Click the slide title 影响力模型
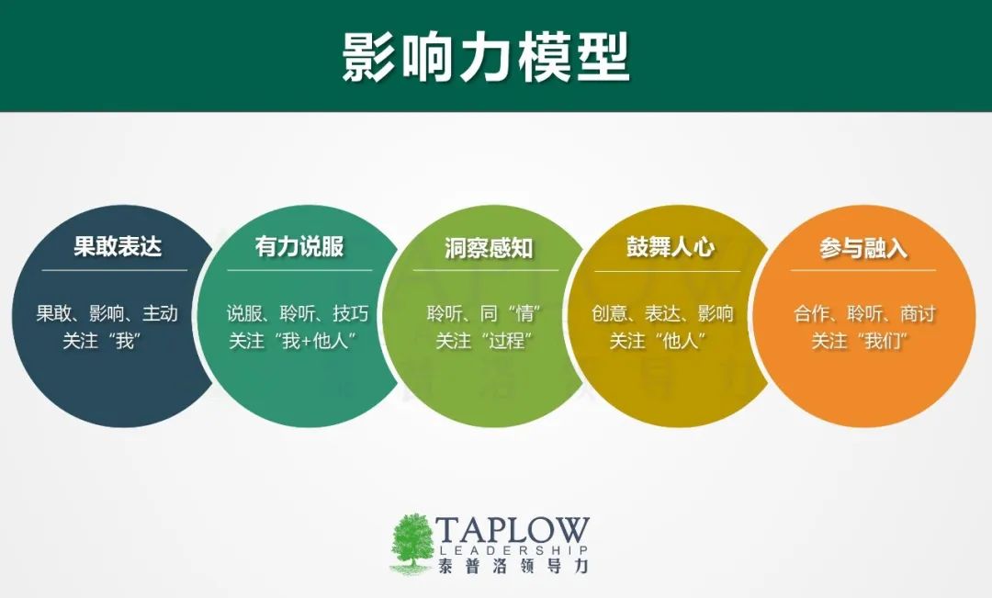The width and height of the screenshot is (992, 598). point(486,56)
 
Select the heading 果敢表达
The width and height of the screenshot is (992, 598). point(118,246)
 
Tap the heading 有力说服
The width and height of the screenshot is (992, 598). point(299,246)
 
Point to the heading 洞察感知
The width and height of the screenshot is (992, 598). point(489,248)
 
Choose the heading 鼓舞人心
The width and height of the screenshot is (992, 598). point(671,246)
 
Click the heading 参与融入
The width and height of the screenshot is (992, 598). point(862,248)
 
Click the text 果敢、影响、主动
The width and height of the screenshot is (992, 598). point(107,313)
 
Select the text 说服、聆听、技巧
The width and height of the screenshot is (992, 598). point(298,313)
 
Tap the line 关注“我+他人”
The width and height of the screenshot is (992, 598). point(294,341)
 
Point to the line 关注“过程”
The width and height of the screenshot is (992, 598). point(484,341)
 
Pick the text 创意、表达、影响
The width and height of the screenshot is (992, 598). point(662,313)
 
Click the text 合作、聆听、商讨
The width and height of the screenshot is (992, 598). point(864,313)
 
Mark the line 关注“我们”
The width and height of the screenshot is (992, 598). point(861,341)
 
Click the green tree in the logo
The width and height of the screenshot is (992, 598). point(411,544)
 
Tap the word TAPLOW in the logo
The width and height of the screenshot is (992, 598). point(513,530)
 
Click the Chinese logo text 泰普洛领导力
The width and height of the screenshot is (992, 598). point(513,566)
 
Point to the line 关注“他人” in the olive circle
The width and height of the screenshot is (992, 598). point(658,341)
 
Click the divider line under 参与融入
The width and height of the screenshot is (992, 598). point(862,270)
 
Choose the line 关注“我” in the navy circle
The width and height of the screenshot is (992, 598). point(102,341)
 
